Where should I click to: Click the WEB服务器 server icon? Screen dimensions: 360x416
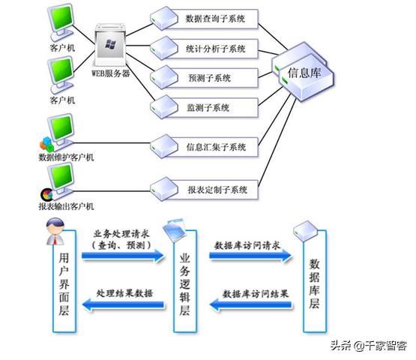[111, 46]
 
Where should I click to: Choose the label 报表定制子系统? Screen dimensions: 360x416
[218, 190]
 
